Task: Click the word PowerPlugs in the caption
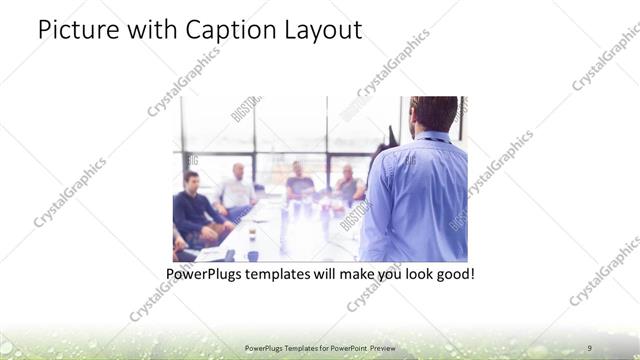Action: pyautogui.click(x=205, y=272)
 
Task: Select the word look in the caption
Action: pyautogui.click(x=408, y=272)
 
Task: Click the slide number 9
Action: pyautogui.click(x=589, y=347)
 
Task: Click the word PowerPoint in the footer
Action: pyautogui.click(x=349, y=347)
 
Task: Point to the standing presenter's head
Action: pyautogui.click(x=433, y=114)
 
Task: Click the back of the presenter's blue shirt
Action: pyautogui.click(x=415, y=200)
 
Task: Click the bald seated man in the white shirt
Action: pyautogui.click(x=237, y=190)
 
